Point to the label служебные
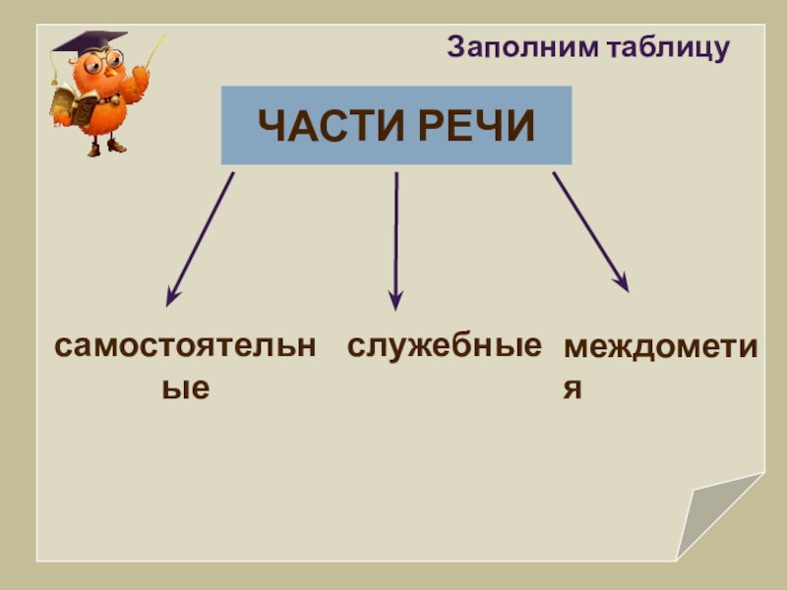click(444, 347)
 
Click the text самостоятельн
click(185, 347)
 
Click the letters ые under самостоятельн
click(186, 387)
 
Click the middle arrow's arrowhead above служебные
click(395, 301)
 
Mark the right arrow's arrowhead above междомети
click(621, 282)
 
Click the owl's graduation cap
click(89, 43)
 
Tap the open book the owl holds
click(72, 104)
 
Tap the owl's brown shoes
click(104, 148)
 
